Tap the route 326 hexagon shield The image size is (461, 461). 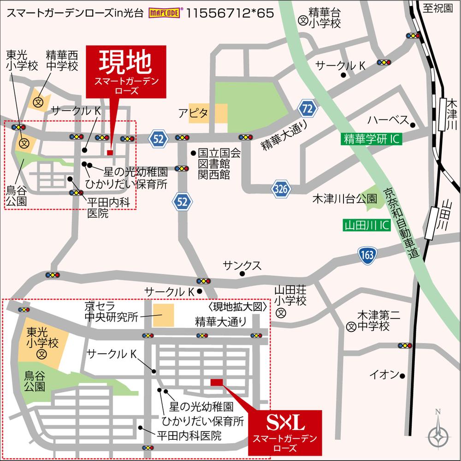coord(280,189)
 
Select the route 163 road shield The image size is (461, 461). coord(367,255)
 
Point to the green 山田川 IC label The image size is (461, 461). coord(367,225)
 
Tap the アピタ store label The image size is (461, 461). coord(194,113)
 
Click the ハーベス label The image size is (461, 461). coord(388,121)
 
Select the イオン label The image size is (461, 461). coord(384,375)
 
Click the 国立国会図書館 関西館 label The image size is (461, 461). coord(213,163)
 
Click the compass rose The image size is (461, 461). coord(437,434)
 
